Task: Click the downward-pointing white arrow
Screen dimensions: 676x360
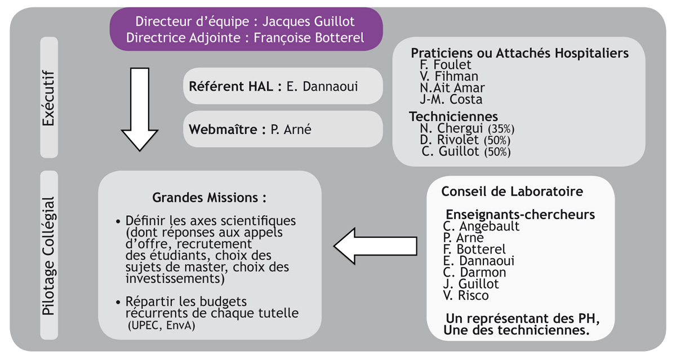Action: tap(140, 109)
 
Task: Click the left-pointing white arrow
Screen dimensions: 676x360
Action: tap(375, 246)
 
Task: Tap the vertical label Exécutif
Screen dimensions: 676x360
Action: tap(49, 98)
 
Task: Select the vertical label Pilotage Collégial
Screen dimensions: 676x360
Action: tap(49, 256)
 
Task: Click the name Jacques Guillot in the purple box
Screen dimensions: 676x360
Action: tap(309, 21)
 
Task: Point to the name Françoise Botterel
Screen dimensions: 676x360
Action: tap(309, 38)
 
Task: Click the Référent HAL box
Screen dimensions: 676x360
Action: tap(283, 86)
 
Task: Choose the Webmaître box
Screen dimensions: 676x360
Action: tap(283, 129)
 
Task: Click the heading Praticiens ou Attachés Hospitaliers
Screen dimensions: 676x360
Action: tap(519, 53)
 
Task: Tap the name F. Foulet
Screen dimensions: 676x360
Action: tap(445, 65)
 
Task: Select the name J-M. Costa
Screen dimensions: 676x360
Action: tap(451, 99)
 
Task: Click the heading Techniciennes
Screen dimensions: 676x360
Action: tap(453, 117)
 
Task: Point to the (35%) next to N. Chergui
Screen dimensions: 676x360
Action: tap(501, 129)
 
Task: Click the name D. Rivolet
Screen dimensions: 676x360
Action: tap(449, 140)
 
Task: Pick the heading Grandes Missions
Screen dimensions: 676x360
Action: tap(210, 198)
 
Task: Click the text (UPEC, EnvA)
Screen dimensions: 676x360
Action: tap(162, 325)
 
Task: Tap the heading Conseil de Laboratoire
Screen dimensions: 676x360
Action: tap(512, 192)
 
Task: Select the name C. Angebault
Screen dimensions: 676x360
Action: tap(481, 226)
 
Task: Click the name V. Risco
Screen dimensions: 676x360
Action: tap(466, 295)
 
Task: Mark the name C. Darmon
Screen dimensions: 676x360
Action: tap(474, 273)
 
